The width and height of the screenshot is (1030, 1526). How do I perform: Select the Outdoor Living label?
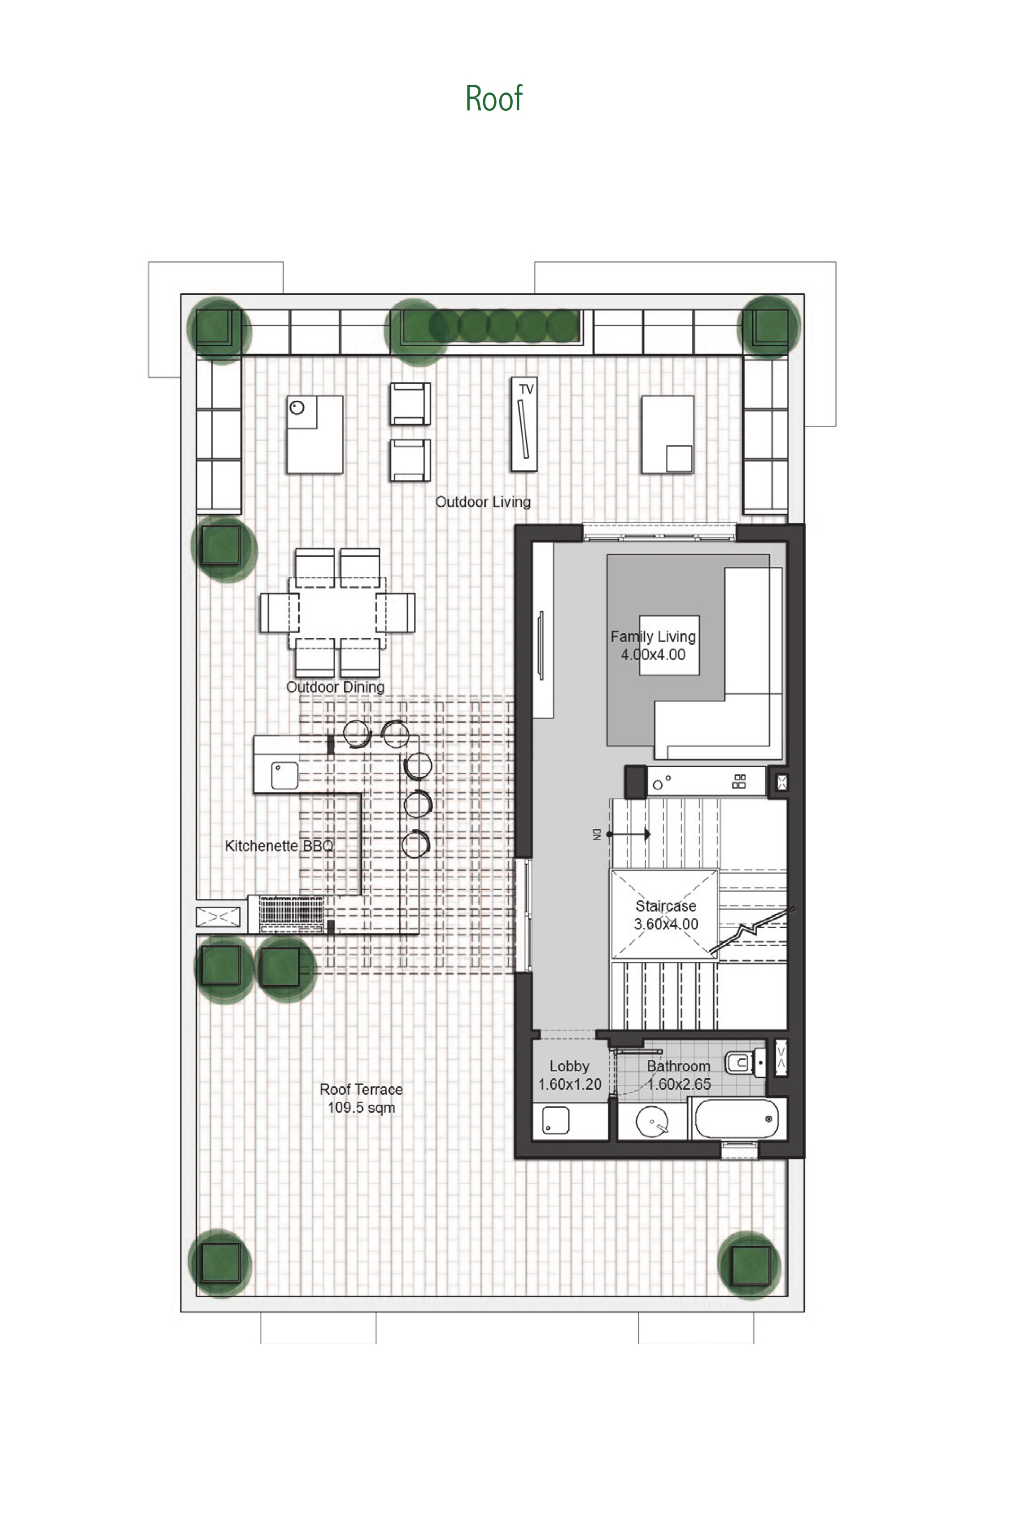483,502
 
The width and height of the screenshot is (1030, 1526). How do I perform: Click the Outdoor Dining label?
335,687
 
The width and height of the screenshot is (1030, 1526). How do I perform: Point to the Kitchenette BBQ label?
279,846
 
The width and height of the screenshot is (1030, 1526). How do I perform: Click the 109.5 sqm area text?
361,1108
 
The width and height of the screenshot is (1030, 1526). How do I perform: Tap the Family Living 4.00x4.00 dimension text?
653,655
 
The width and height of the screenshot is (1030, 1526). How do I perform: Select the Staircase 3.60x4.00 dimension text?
666,924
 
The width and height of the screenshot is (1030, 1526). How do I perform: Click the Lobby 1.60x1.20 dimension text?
569,1084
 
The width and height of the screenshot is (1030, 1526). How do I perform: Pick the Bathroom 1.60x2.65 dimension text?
679,1084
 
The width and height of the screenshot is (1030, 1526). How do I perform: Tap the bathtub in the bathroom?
737,1119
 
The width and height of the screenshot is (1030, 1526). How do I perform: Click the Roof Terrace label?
361,1089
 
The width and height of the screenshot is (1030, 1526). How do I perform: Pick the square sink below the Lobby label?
555,1121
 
